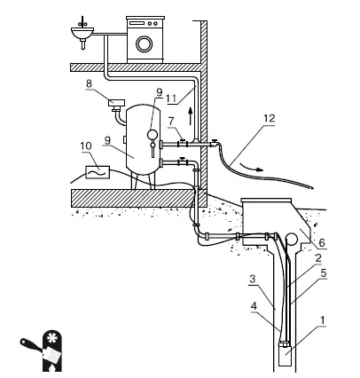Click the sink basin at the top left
[x=82, y=33]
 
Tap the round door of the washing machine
[x=145, y=44]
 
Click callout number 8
[x=89, y=83]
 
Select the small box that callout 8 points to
[x=115, y=103]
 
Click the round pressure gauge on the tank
[x=153, y=135]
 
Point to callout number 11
[x=171, y=98]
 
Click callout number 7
[x=171, y=121]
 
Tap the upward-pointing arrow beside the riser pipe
[x=191, y=116]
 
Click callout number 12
[x=270, y=118]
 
